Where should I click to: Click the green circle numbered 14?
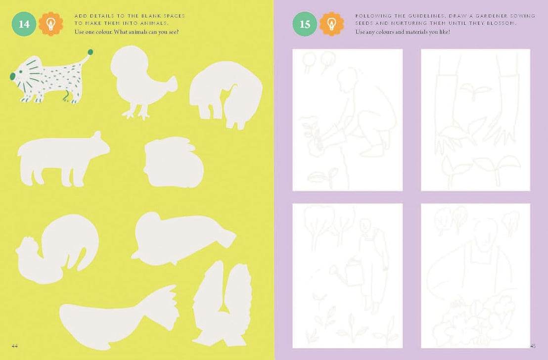(x=24, y=24)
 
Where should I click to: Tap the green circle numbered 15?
(x=305, y=24)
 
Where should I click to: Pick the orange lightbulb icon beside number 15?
(x=331, y=24)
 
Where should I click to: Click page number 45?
(x=532, y=346)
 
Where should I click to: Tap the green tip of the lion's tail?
(x=90, y=51)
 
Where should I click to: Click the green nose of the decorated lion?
(x=12, y=76)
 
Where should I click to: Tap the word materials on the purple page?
(x=415, y=32)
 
